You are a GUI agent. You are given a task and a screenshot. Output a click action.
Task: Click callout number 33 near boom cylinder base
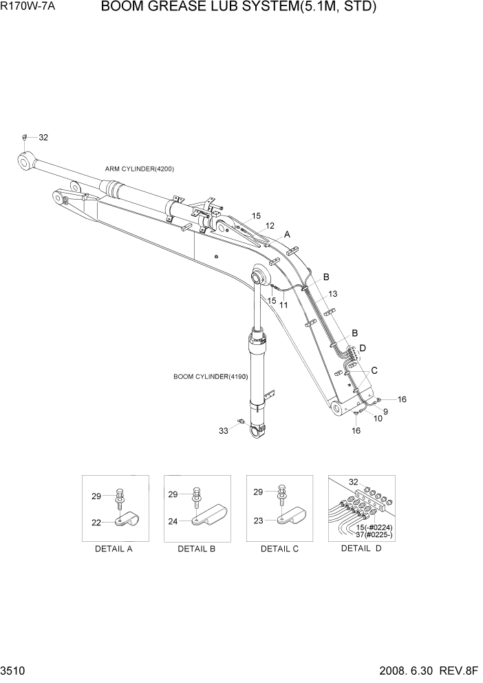224,431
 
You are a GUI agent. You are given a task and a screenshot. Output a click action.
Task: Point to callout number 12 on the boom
270,226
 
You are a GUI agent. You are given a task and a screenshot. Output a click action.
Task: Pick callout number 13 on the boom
332,294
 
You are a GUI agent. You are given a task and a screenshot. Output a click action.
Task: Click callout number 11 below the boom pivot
283,305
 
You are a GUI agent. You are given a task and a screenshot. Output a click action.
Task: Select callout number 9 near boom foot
385,412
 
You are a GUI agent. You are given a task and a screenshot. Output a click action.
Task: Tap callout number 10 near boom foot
378,419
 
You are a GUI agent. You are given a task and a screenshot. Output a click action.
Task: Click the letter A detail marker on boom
288,235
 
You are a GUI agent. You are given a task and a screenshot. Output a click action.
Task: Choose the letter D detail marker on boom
363,348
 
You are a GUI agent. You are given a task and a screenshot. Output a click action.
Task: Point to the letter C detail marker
374,370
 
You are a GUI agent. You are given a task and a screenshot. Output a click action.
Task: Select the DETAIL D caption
361,549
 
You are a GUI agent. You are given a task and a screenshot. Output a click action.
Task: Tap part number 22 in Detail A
96,523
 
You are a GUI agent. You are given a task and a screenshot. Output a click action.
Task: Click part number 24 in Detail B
173,521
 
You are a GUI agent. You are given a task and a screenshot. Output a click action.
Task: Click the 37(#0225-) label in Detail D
374,534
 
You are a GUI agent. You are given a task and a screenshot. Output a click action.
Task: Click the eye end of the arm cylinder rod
26,162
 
